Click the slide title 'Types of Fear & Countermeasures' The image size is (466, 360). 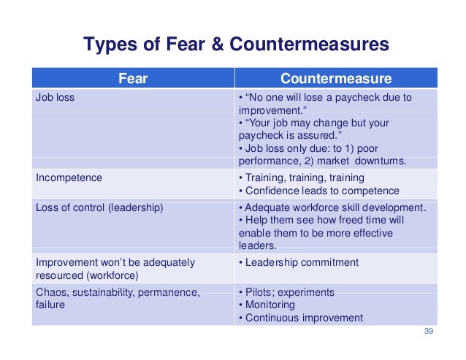pyautogui.click(x=236, y=45)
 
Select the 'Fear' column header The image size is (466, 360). pyautogui.click(x=133, y=79)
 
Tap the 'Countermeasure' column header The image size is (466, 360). pyautogui.click(x=336, y=79)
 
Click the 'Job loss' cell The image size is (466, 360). pyautogui.click(x=55, y=97)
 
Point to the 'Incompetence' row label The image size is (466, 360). pyautogui.click(x=69, y=177)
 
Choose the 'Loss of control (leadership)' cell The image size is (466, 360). pyautogui.click(x=99, y=207)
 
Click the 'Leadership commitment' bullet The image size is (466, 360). pyautogui.click(x=302, y=262)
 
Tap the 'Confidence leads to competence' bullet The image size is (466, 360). pyautogui.click(x=315, y=191)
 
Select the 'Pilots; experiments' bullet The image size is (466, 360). pyautogui.click(x=290, y=292)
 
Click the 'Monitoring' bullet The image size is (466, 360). pyautogui.click(x=270, y=305)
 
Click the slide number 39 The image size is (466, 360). pyautogui.click(x=429, y=332)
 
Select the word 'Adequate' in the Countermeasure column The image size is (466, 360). pyautogui.click(x=268, y=207)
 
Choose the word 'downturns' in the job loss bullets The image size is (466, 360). pyautogui.click(x=382, y=161)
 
